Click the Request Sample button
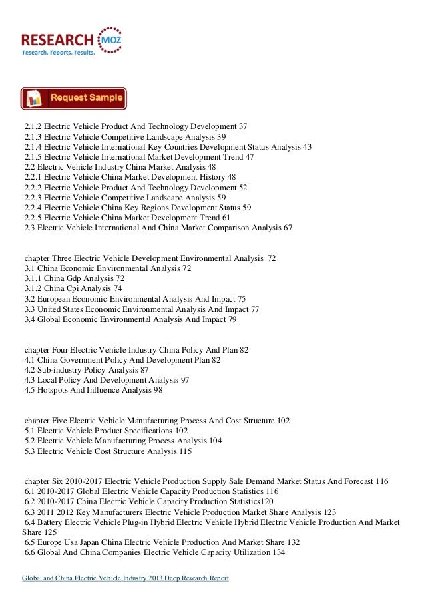73,98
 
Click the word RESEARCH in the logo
58,34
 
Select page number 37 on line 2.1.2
243,126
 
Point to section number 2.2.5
35,217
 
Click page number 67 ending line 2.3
288,228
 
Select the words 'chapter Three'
49,257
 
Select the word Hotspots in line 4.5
55,391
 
